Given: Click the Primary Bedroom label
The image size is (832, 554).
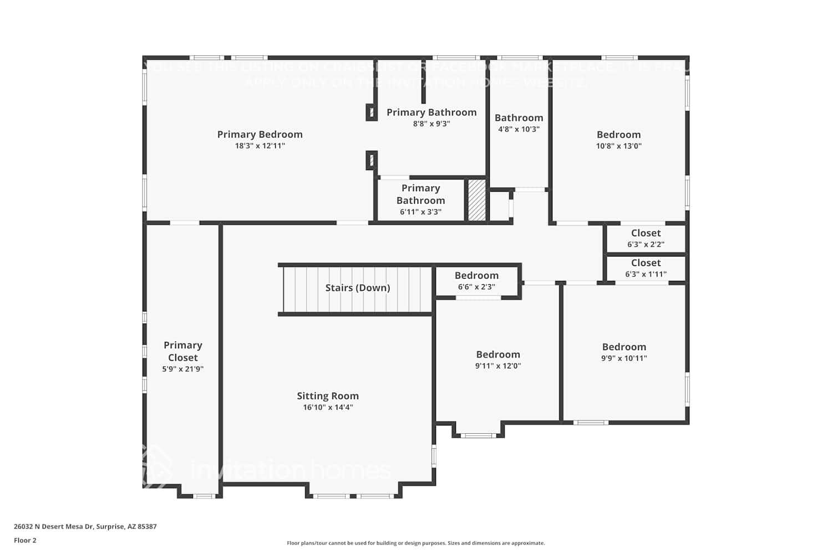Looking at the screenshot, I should click(260, 134).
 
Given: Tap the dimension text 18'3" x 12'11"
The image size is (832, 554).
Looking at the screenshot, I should click(260, 146).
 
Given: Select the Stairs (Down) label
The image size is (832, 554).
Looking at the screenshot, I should click(357, 288).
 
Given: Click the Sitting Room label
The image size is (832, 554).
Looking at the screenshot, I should click(327, 396).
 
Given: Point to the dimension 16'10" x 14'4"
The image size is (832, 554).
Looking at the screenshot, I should click(327, 408).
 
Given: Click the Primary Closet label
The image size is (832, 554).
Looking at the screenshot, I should click(182, 351).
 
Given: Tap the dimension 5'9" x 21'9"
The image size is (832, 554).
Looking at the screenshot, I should click(182, 369).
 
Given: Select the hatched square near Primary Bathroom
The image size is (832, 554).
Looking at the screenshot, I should click(476, 199).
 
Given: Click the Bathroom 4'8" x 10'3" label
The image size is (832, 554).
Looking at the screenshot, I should click(519, 117).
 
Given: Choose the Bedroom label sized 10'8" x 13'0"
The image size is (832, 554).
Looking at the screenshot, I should click(618, 135).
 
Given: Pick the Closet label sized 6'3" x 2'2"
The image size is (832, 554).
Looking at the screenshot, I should click(646, 233).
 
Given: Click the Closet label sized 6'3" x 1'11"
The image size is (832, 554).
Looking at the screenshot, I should click(646, 263).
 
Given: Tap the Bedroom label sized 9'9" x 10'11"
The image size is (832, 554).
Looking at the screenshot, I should click(624, 347).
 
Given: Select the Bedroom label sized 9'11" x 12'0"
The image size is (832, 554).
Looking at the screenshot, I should click(498, 355).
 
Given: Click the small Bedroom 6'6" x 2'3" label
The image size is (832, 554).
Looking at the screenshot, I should click(476, 275).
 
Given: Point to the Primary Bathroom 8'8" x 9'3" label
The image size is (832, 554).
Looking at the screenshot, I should click(431, 112).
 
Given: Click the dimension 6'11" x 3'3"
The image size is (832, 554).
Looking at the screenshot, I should click(420, 212).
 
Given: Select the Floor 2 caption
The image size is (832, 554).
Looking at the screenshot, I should click(25, 541).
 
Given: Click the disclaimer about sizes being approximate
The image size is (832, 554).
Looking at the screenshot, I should click(415, 543).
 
